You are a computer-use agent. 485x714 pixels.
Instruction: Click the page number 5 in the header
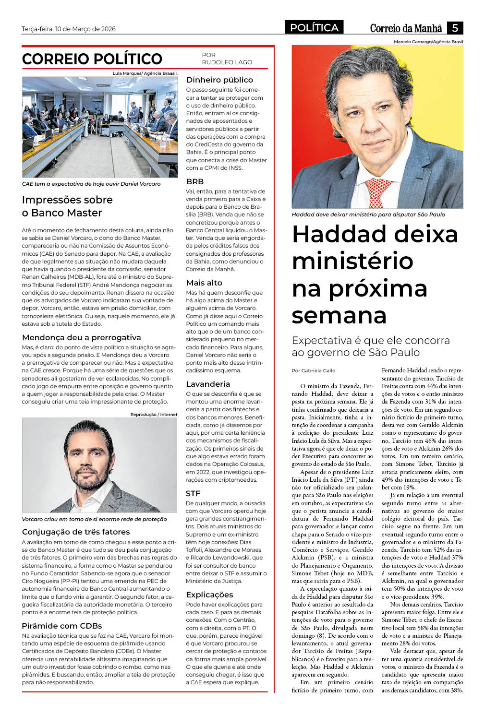(x=454, y=28)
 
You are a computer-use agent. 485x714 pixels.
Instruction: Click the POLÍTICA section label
(x=314, y=28)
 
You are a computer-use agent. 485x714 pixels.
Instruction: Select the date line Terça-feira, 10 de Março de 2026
(x=69, y=29)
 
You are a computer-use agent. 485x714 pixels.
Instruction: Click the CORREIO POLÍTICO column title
(x=92, y=59)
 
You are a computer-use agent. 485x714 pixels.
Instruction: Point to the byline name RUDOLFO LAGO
(x=227, y=62)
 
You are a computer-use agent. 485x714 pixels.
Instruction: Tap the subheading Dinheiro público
(x=219, y=80)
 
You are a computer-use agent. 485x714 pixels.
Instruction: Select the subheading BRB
(x=195, y=181)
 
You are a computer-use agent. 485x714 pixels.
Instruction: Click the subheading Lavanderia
(x=208, y=384)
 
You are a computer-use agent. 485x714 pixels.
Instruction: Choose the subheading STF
(x=193, y=493)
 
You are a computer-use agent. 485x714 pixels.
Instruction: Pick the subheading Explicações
(x=209, y=595)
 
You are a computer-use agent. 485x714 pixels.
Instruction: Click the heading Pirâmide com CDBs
(x=62, y=626)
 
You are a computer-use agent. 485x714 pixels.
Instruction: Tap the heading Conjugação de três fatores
(x=76, y=532)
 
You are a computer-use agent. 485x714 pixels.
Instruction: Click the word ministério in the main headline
(x=352, y=261)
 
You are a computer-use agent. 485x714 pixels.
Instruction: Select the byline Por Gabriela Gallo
(x=314, y=370)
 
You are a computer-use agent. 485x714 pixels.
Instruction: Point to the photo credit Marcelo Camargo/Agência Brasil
(x=428, y=42)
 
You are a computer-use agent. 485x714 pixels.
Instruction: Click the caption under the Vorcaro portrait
(x=94, y=519)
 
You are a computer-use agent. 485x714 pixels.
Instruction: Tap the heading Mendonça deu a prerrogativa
(x=82, y=337)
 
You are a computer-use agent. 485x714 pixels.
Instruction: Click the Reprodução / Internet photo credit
(x=154, y=414)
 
